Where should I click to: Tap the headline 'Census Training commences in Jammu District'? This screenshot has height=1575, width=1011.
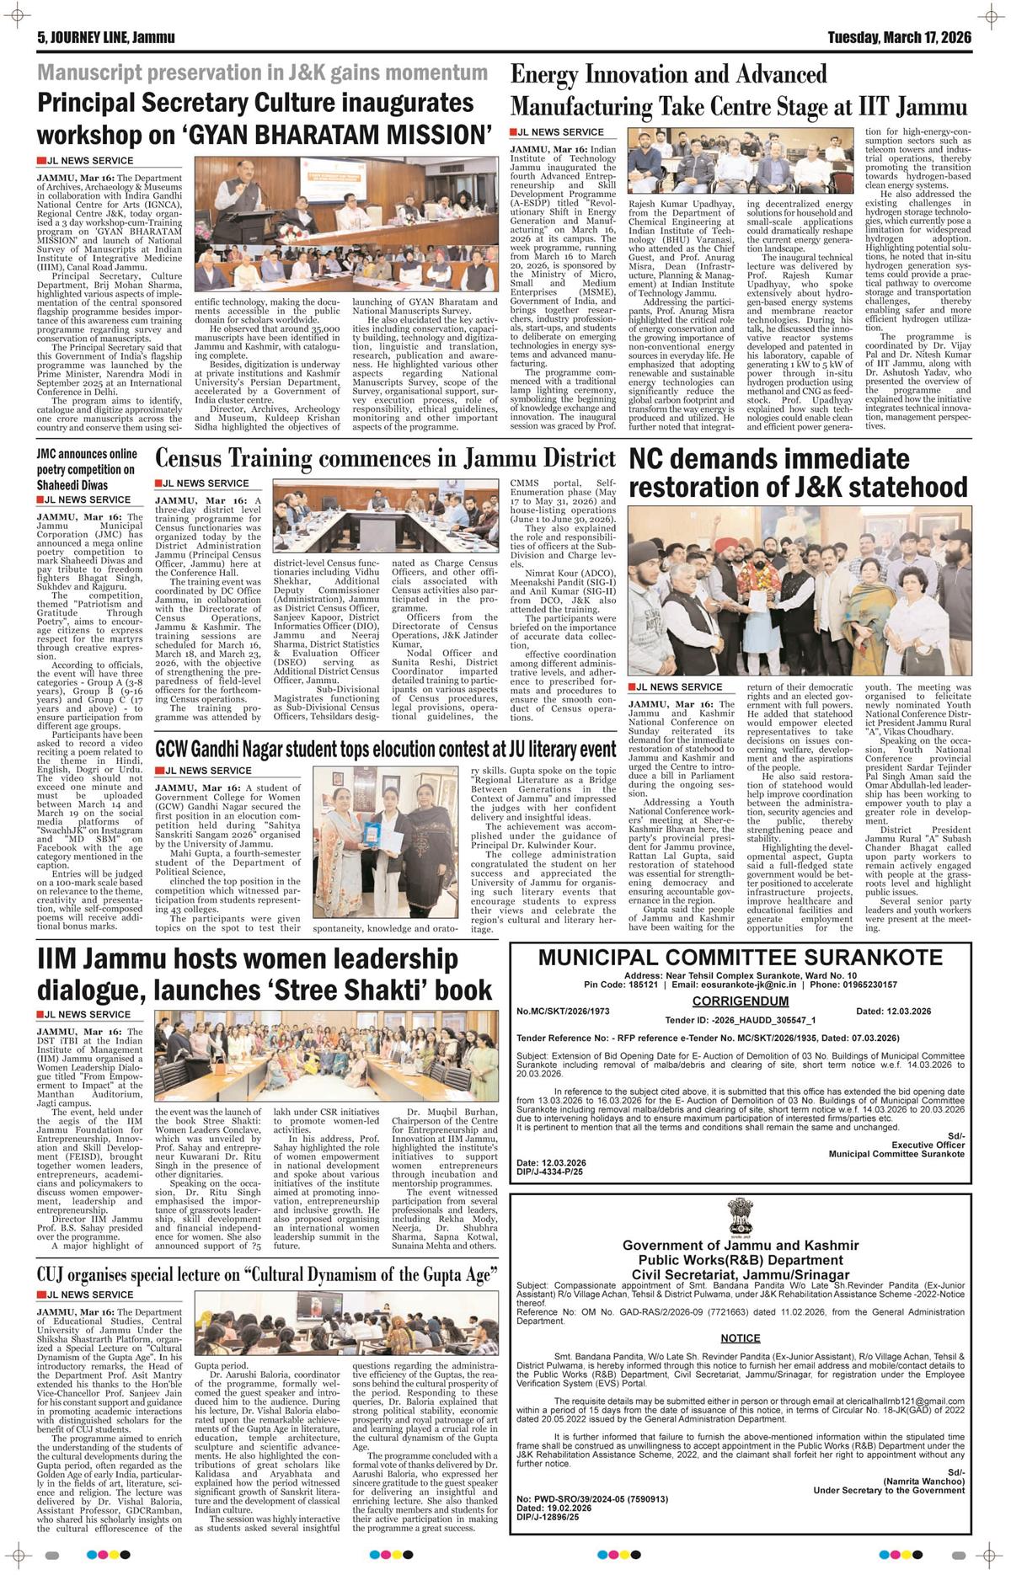(x=386, y=459)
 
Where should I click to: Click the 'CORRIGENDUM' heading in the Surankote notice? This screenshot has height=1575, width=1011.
(x=741, y=1001)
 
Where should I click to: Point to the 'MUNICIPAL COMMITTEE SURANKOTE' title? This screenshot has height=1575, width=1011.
(x=740, y=957)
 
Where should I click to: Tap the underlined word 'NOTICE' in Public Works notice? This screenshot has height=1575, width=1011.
(x=741, y=1337)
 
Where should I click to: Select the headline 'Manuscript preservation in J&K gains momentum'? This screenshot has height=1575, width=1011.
(x=263, y=73)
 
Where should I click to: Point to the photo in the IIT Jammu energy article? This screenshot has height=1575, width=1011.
(x=741, y=159)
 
